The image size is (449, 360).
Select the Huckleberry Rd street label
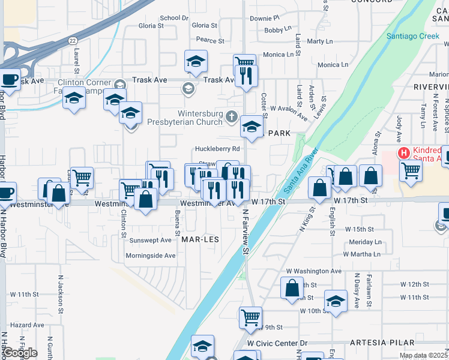(217, 149)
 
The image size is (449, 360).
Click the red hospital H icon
(404, 153)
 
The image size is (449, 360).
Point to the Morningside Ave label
(151, 256)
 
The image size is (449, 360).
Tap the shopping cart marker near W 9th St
(250, 317)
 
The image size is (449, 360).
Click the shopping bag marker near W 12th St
(292, 287)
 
